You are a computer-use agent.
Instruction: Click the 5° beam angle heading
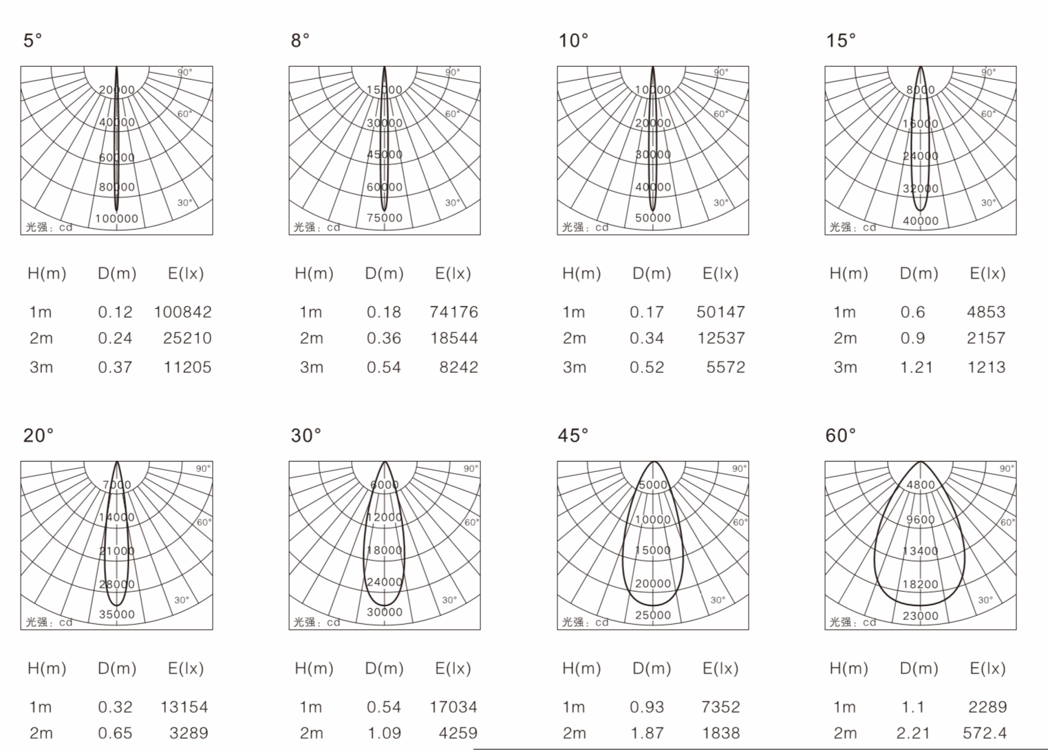pos(33,41)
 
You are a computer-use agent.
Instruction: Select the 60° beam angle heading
pos(841,436)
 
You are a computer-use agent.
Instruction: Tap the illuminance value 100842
pos(183,312)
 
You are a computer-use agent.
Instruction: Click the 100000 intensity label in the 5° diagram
pos(117,219)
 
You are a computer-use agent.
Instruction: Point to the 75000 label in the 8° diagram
pos(385,218)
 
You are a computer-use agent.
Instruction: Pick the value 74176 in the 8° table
pos(454,312)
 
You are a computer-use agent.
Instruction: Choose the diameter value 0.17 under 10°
pos(647,312)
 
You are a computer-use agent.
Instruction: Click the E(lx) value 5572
pos(726,367)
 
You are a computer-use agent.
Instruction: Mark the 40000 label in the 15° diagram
pos(921,221)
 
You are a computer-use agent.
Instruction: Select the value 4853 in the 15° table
pos(986,312)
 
